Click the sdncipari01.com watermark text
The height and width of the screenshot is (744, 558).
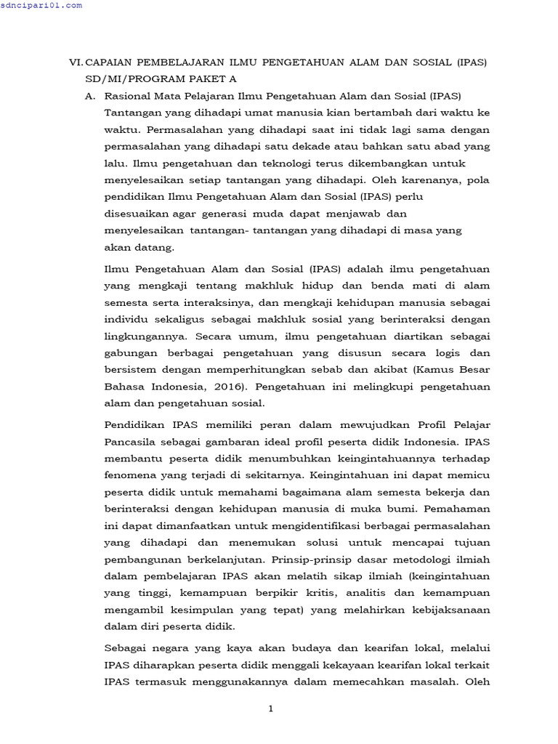point(41,5)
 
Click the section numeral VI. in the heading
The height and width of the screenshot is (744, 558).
point(76,63)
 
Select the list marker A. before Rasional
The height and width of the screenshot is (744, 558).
point(90,95)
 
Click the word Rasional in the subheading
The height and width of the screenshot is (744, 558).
point(129,95)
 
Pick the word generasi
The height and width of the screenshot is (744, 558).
point(227,214)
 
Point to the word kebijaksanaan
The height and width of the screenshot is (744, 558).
point(444,610)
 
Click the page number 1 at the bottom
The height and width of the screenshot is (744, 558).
point(270,710)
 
